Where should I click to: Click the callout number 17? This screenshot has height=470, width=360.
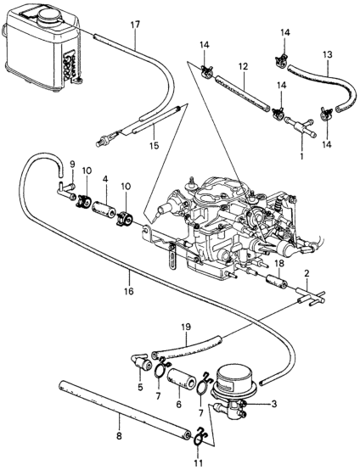(x=135, y=25)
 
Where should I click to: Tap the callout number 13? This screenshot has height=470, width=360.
(x=328, y=55)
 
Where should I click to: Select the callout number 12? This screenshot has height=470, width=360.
(x=244, y=66)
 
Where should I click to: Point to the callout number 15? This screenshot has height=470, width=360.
(x=155, y=146)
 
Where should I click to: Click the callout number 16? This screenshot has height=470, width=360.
(x=129, y=291)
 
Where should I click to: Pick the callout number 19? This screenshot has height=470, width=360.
(x=186, y=327)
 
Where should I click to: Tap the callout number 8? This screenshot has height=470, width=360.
(x=119, y=436)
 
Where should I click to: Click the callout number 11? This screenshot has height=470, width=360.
(x=199, y=462)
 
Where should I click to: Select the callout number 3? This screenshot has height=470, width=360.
(x=273, y=404)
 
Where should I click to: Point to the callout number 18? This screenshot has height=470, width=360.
(x=279, y=264)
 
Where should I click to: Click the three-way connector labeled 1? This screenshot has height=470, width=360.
(x=300, y=127)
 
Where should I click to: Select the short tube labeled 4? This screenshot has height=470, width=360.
(x=104, y=209)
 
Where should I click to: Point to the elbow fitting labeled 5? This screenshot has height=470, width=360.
(x=141, y=362)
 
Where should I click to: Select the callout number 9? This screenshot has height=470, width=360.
(x=72, y=165)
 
